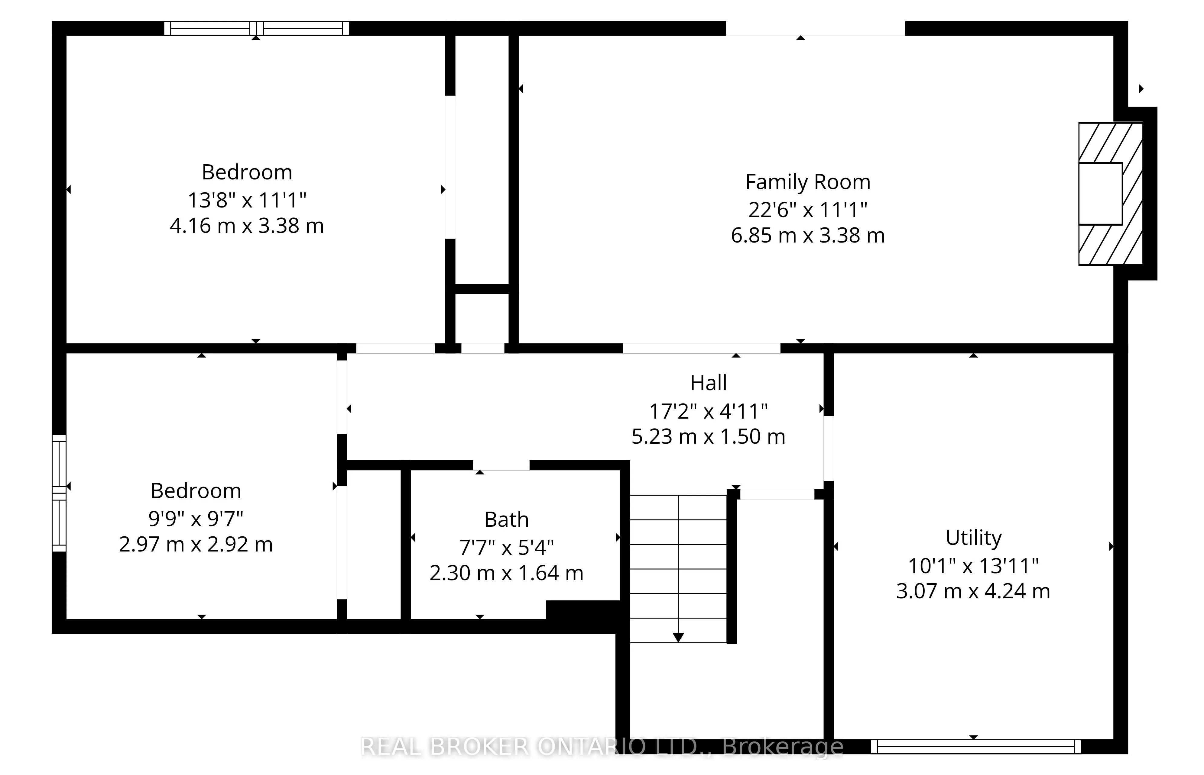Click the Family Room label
[x=808, y=182]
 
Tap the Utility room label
[x=973, y=538]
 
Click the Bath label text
[x=507, y=520]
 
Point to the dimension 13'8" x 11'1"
[x=247, y=200]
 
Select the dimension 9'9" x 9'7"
[x=196, y=518]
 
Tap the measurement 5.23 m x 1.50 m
[x=709, y=436]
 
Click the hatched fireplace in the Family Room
[x=1110, y=194]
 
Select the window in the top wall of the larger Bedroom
[x=256, y=28]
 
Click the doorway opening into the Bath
[x=501, y=465]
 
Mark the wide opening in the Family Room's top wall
[x=815, y=28]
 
